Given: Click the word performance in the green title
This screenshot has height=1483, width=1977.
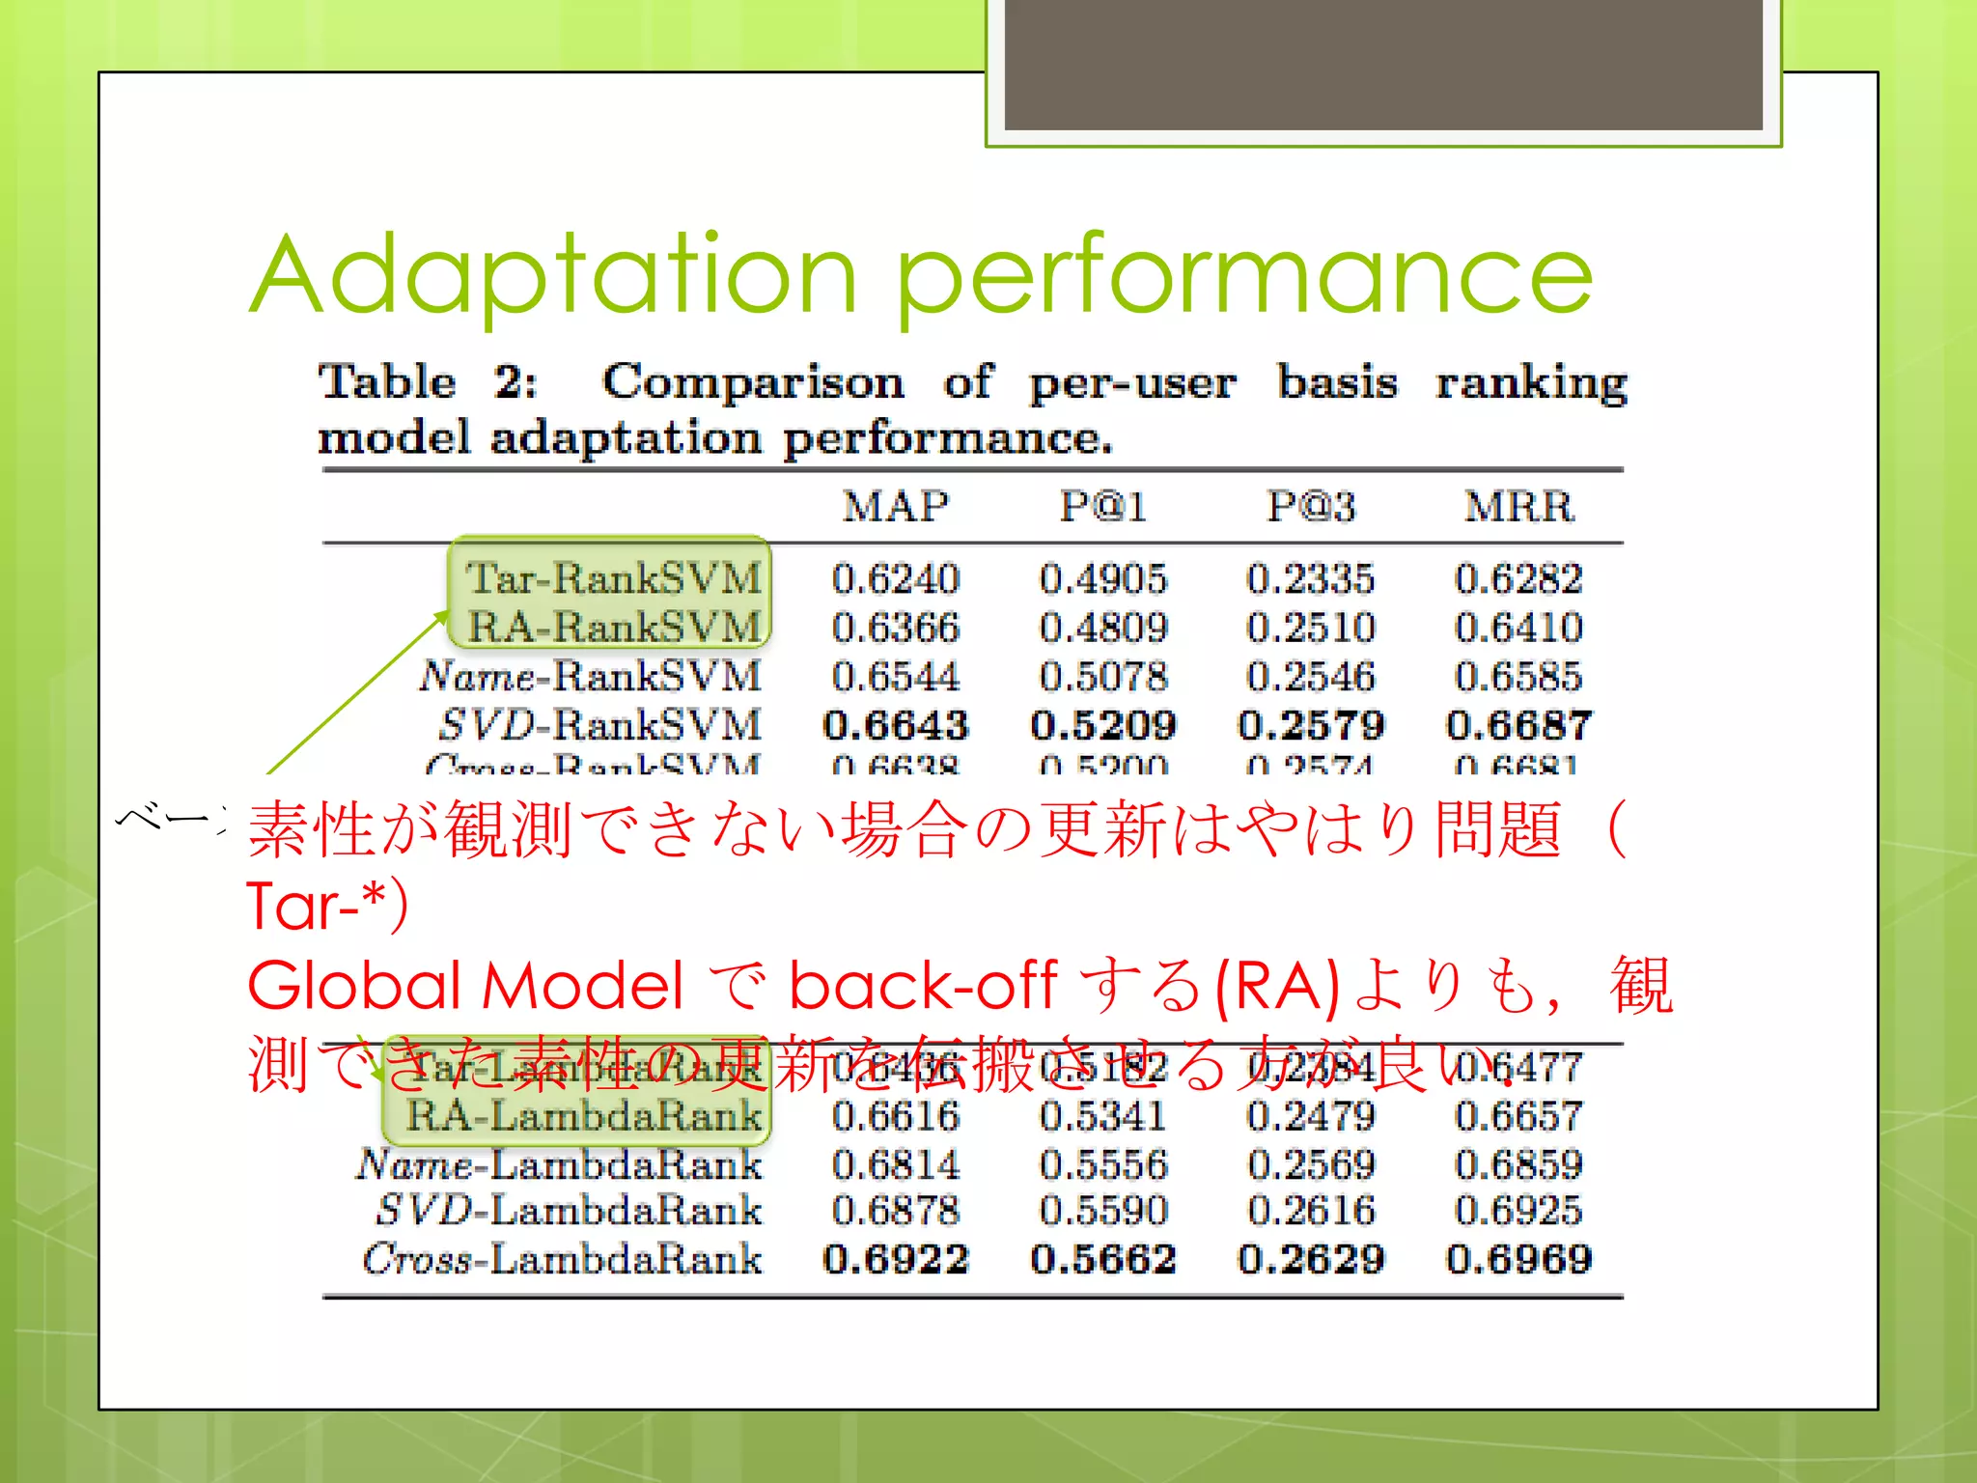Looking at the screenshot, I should point(1244,277).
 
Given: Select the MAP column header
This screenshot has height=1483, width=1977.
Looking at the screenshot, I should point(895,507).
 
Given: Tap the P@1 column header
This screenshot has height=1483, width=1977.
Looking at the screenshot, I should point(1102,507).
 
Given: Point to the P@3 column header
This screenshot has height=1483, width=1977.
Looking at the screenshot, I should point(1310,507).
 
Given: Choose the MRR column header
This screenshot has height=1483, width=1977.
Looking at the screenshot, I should point(1518,507).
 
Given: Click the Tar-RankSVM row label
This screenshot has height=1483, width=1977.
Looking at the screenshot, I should point(614,579).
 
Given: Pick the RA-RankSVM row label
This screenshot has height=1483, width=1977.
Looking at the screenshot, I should point(614,628).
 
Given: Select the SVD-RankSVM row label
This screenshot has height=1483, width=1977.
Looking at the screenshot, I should point(599,725).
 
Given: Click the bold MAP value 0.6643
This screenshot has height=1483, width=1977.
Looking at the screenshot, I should point(895,725).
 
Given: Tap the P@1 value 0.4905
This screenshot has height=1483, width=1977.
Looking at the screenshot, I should point(1102,579).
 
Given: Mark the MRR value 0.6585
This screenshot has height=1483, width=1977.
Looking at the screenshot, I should point(1518,676).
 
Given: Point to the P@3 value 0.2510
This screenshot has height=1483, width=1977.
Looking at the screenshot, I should point(1310,628).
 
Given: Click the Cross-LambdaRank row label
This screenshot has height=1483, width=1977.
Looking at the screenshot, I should point(562,1259).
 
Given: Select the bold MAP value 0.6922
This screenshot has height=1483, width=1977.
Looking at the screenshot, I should point(895,1259).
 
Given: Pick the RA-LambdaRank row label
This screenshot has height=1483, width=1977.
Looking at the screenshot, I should point(583,1116).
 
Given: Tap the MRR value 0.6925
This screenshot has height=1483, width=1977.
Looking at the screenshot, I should point(1518,1211).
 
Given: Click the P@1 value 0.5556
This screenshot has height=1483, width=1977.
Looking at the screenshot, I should point(1102,1164).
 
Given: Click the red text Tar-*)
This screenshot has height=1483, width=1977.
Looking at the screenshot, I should point(327,906).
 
